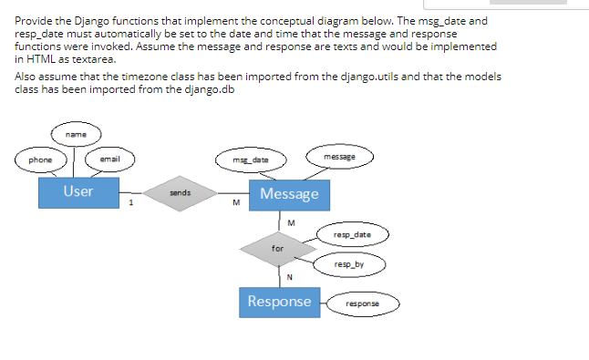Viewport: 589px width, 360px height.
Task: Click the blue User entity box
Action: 78,192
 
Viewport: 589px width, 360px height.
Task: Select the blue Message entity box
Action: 289,194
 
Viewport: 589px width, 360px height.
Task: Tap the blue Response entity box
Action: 279,302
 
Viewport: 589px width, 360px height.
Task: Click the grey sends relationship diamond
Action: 180,193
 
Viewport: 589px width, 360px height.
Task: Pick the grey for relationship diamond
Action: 278,247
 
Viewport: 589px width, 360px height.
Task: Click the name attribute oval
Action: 77,133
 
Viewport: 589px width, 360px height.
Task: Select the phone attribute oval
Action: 40,160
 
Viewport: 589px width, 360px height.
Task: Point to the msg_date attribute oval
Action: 253,160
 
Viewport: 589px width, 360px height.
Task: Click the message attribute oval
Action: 338,157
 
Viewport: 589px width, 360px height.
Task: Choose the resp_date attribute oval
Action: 353,235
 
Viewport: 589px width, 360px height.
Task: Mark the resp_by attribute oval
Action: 348,264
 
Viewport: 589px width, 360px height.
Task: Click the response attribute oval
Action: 362,302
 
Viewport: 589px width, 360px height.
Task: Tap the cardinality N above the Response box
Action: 289,277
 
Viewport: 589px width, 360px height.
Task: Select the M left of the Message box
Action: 235,203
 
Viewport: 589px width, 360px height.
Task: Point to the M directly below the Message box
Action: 290,221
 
